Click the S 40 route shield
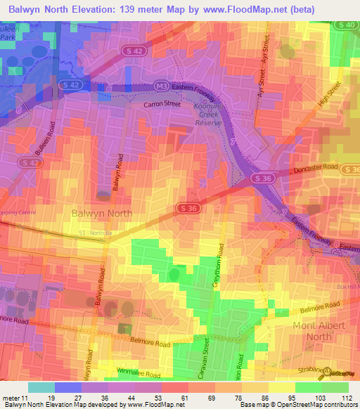pyautogui.click(x=346, y=25)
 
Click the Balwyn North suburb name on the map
pyautogui.click(x=102, y=212)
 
